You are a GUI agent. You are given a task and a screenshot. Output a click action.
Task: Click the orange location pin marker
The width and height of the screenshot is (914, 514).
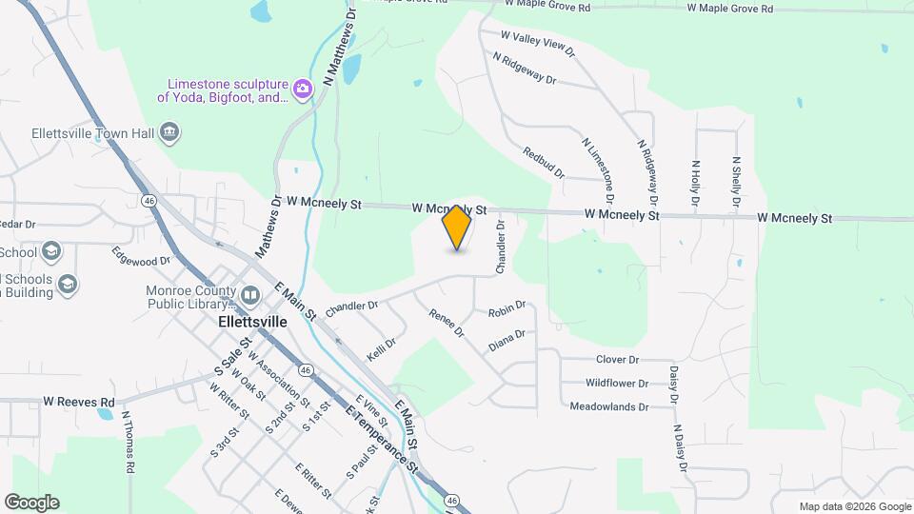[457, 228]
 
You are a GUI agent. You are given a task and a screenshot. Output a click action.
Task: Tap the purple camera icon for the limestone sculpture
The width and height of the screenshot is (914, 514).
[303, 89]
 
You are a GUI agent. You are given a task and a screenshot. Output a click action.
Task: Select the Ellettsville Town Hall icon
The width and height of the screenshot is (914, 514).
[170, 131]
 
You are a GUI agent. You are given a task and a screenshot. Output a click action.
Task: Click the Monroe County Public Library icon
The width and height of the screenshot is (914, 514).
[248, 295]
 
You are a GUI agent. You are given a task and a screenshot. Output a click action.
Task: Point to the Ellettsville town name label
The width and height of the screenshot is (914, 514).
[252, 322]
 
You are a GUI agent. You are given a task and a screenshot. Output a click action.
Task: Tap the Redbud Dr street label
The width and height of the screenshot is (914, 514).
[544, 163]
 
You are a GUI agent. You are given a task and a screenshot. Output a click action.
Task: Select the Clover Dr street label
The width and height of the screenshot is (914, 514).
[617, 360]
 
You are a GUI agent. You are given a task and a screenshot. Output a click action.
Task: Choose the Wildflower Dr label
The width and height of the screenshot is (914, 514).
[617, 384]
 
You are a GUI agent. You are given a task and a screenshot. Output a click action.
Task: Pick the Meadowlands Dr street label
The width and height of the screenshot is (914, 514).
[608, 406]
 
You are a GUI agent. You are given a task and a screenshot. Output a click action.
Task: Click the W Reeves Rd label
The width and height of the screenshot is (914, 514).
[79, 403]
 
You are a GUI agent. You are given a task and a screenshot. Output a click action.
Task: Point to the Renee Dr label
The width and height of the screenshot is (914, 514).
[446, 324]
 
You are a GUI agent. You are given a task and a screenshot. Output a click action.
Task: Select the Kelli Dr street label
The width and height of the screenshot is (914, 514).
[381, 349]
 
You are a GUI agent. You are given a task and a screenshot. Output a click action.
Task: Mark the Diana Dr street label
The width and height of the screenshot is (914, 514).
[507, 340]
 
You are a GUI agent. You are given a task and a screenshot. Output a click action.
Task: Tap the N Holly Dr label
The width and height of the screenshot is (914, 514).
[696, 184]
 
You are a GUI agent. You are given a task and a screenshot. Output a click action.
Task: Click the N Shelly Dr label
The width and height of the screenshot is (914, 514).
[736, 184]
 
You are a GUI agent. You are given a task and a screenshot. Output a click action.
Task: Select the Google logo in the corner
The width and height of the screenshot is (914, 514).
[31, 503]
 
